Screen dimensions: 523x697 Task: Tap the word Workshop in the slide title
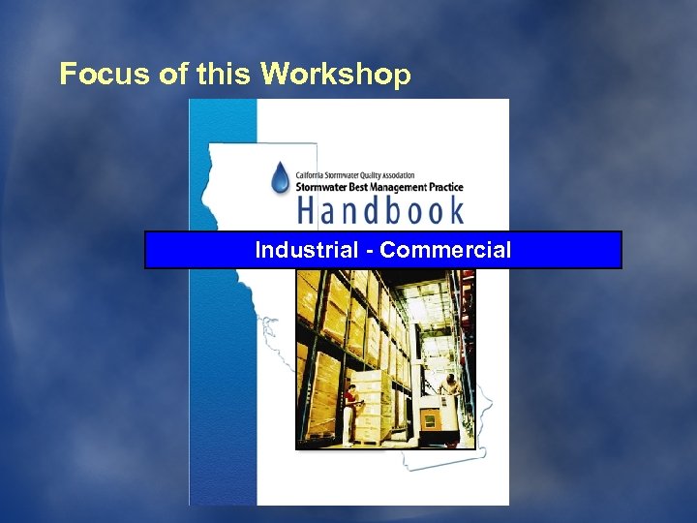tap(336, 75)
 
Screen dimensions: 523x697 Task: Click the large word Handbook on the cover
tap(379, 210)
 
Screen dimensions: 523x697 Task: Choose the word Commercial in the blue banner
tap(445, 250)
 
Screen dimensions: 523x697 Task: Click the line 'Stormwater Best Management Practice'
tap(379, 187)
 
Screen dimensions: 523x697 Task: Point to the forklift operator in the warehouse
tap(450, 387)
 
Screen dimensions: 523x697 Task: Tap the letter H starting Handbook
tap(308, 210)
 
